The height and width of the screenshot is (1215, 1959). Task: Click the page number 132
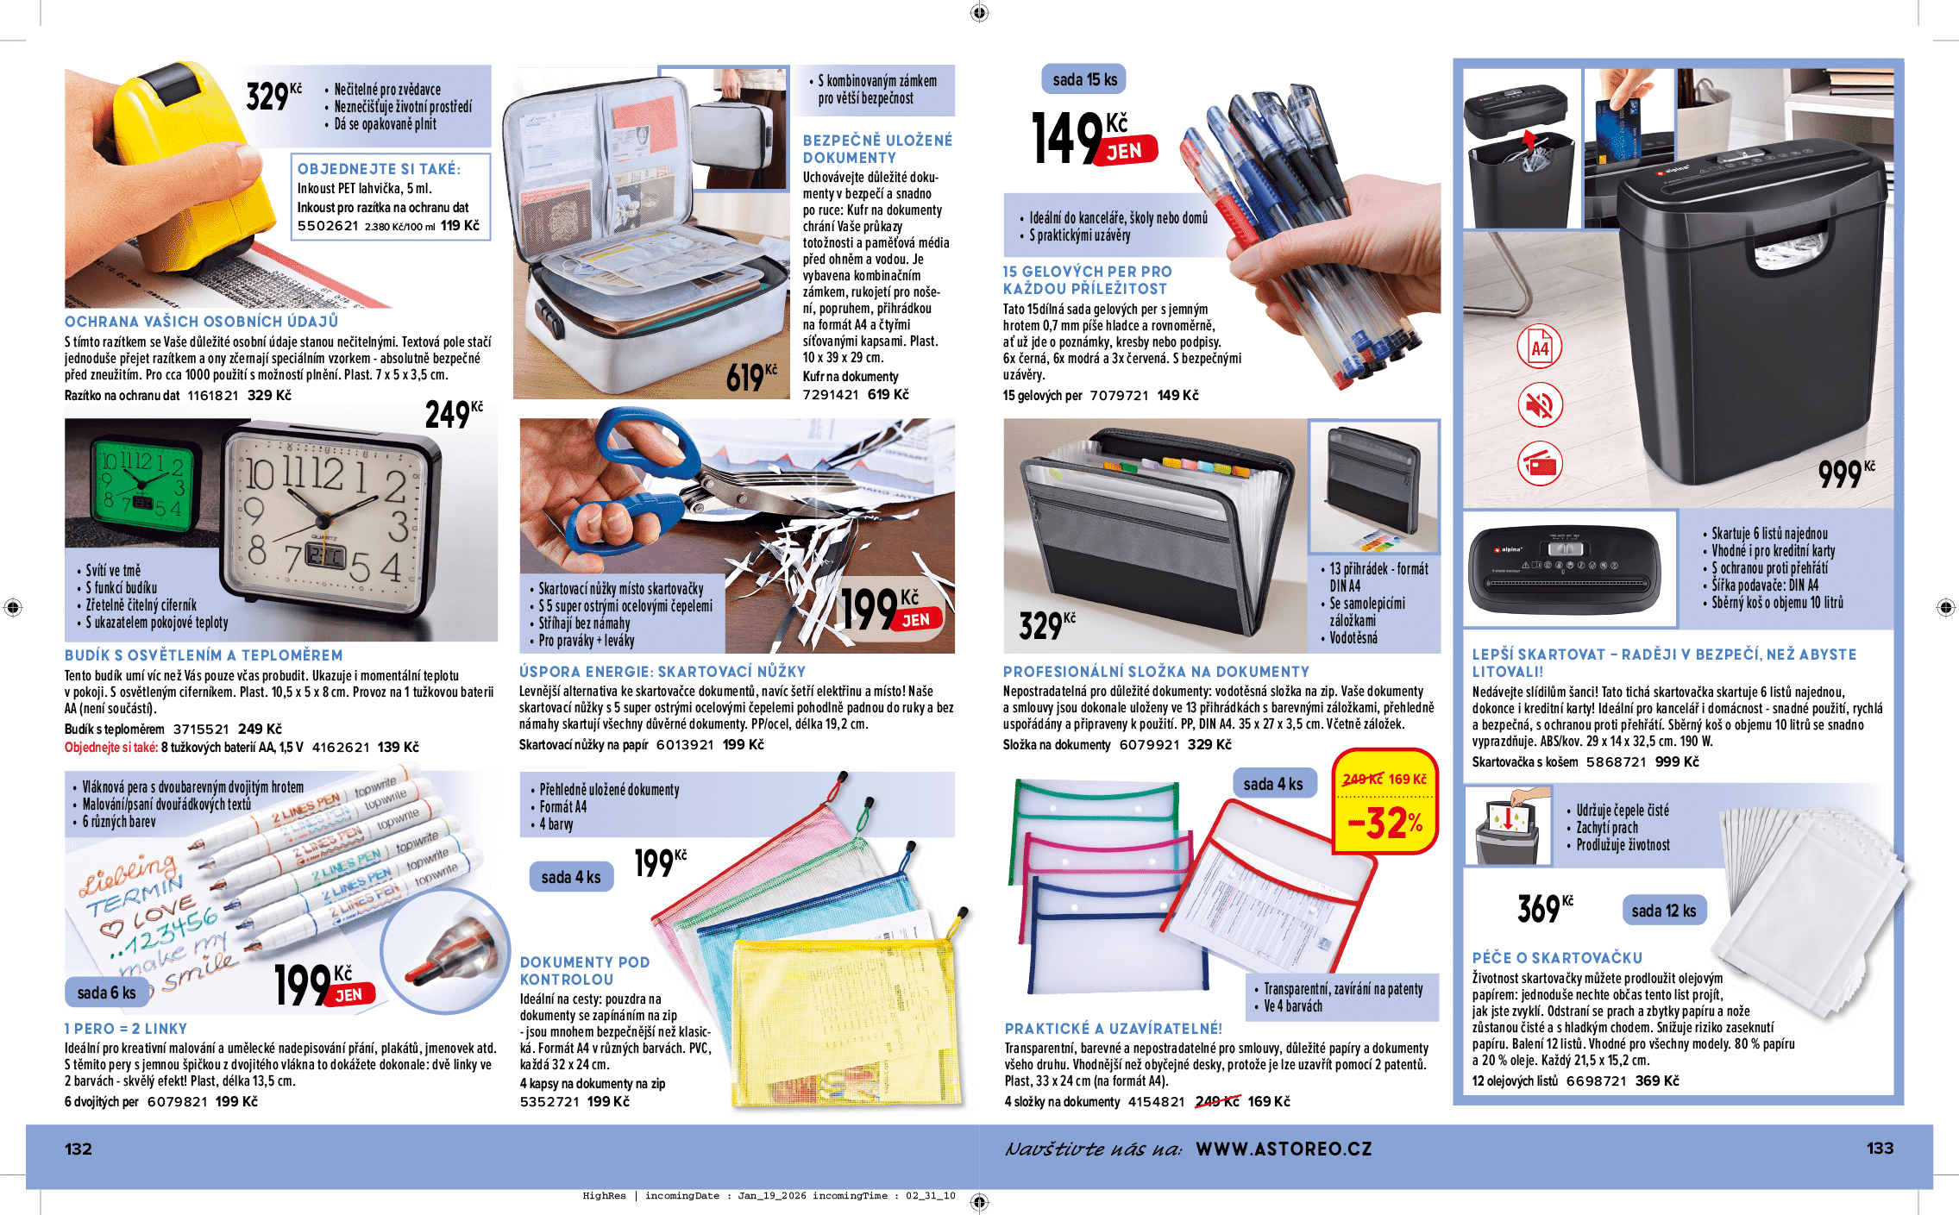coord(78,1149)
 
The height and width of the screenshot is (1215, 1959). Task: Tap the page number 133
coord(1880,1148)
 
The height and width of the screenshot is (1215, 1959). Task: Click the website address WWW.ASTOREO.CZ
coord(1284,1149)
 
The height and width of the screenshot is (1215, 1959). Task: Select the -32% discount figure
coord(1384,823)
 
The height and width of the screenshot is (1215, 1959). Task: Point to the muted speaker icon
coord(1540,405)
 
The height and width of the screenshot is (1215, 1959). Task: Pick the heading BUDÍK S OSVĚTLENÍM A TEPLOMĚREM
coord(204,655)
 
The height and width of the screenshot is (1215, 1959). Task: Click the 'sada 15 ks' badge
coord(1084,79)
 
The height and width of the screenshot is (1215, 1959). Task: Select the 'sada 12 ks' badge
coord(1663,911)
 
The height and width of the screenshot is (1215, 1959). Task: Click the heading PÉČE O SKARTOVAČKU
coord(1557,957)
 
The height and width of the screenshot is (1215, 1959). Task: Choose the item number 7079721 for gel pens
coord(1119,396)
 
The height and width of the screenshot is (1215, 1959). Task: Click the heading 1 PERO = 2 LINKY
coord(126,1029)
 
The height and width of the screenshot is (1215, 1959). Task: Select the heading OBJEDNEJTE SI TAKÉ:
coord(379,169)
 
